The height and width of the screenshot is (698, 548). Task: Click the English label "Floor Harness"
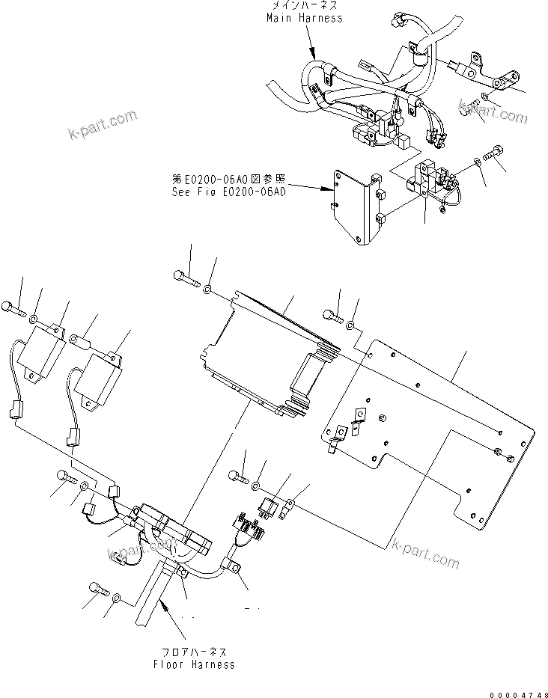point(194,664)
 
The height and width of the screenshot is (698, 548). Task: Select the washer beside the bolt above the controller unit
point(209,288)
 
